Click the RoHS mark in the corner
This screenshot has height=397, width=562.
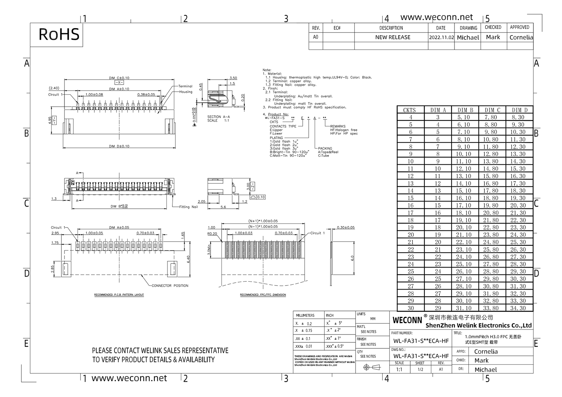(59, 34)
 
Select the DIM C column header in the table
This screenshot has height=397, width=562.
(492, 110)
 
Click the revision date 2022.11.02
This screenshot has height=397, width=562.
(441, 37)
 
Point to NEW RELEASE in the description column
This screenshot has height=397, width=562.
(393, 37)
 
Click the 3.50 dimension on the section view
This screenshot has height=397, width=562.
(233, 78)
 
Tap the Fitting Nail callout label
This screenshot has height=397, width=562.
(188, 207)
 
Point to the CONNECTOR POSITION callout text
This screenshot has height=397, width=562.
(170, 286)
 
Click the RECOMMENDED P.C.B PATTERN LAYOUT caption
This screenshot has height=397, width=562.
(119, 295)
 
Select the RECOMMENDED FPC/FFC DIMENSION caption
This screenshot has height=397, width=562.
(263, 295)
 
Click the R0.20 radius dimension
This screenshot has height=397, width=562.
(212, 234)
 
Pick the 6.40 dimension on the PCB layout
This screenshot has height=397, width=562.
(188, 259)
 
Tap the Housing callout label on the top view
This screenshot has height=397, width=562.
(185, 92)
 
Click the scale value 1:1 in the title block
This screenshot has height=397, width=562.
(399, 369)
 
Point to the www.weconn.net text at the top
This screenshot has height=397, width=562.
(436, 17)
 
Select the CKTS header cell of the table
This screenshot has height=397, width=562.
(409, 110)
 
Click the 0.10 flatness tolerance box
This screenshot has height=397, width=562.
(261, 197)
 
